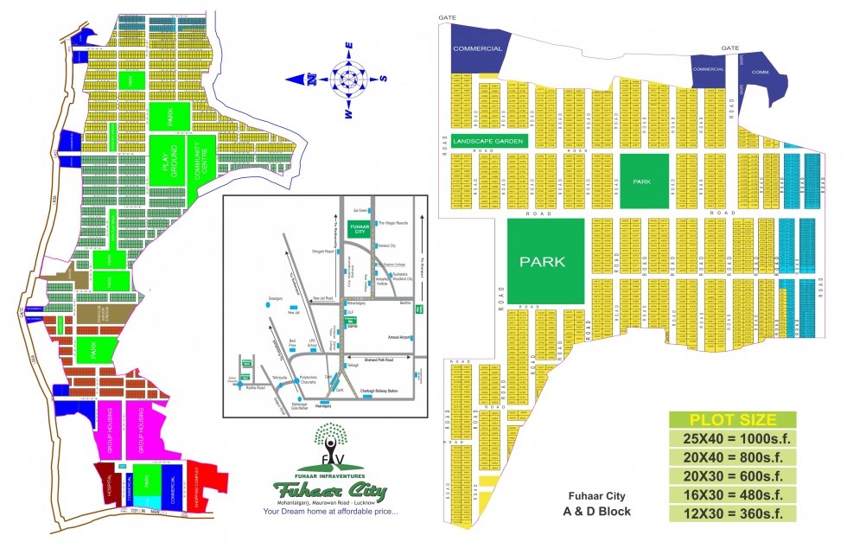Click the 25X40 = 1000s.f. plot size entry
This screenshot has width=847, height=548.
pos(732,439)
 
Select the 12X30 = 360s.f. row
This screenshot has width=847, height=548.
pos(732,513)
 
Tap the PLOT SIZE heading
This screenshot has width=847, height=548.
pos(732,420)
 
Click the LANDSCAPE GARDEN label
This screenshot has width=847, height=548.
pos(489,140)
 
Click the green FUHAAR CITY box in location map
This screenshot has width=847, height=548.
pos(358,228)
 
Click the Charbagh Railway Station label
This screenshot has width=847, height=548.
pos(376,392)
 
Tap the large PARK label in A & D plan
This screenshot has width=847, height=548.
pos(542,261)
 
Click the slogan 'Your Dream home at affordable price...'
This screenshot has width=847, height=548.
pos(330,512)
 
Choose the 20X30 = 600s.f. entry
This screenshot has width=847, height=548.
pos(732,476)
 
